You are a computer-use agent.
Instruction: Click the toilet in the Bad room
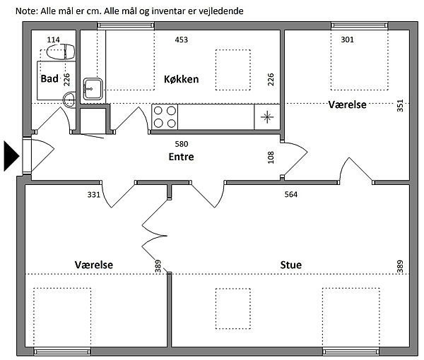click(x=61, y=52)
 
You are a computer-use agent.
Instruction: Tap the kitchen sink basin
click(x=93, y=89)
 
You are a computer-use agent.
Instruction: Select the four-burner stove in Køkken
click(x=165, y=117)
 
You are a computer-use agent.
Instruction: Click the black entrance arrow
click(x=11, y=156)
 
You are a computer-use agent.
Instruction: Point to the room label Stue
click(x=290, y=265)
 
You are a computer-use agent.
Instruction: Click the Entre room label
click(x=181, y=157)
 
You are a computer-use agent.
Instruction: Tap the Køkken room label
click(x=181, y=79)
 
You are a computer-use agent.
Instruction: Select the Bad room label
click(x=49, y=79)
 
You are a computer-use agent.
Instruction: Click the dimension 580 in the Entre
click(x=182, y=144)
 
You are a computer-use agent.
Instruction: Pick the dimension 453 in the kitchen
click(x=181, y=40)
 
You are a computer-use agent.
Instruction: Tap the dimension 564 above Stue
click(x=291, y=194)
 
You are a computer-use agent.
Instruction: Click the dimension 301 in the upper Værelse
click(x=347, y=40)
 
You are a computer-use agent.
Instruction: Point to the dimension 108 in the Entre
click(x=271, y=157)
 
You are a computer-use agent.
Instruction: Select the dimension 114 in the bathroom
click(x=53, y=40)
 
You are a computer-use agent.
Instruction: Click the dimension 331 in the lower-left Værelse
click(x=93, y=194)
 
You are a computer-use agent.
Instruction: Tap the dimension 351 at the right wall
click(x=400, y=105)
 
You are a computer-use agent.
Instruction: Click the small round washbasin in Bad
click(x=69, y=100)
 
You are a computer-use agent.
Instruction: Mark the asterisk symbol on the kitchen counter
click(x=267, y=117)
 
